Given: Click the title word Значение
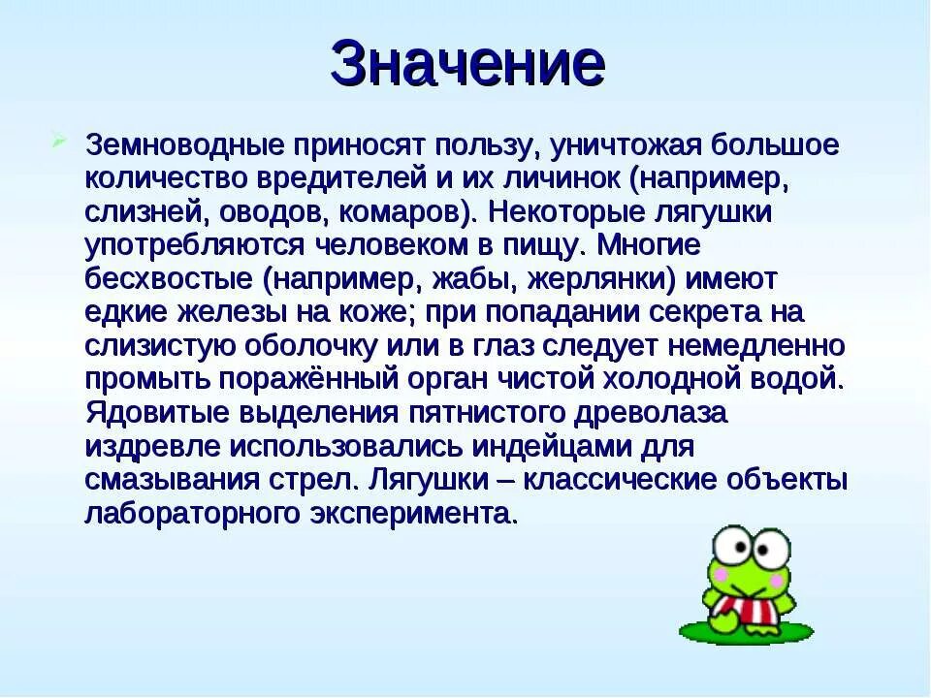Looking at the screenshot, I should pyautogui.click(x=466, y=65).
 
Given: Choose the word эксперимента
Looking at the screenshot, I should pyautogui.click(x=421, y=513).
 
